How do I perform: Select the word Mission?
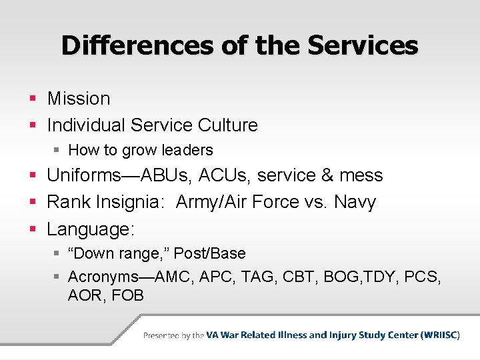tap(79, 99)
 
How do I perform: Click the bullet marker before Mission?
tap(33, 99)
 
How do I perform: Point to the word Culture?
tap(227, 125)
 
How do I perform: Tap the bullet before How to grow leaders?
tap(59, 151)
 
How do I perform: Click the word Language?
tap(91, 230)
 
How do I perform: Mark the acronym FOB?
tap(128, 295)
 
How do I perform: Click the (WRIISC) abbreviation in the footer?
tap(440, 335)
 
